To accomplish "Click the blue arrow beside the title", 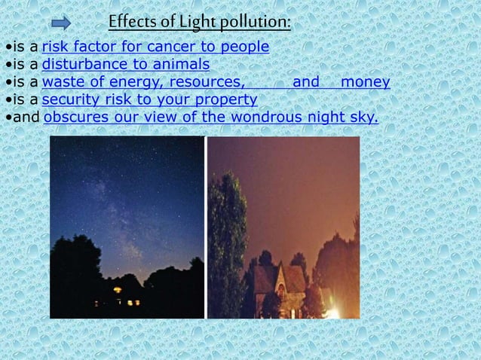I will coord(61,23).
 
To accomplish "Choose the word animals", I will coord(181,64).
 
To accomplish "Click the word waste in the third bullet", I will coord(63,82).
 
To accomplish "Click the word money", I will coord(365,82).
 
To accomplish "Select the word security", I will coord(72,99).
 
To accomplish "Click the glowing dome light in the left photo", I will coord(118,289).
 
